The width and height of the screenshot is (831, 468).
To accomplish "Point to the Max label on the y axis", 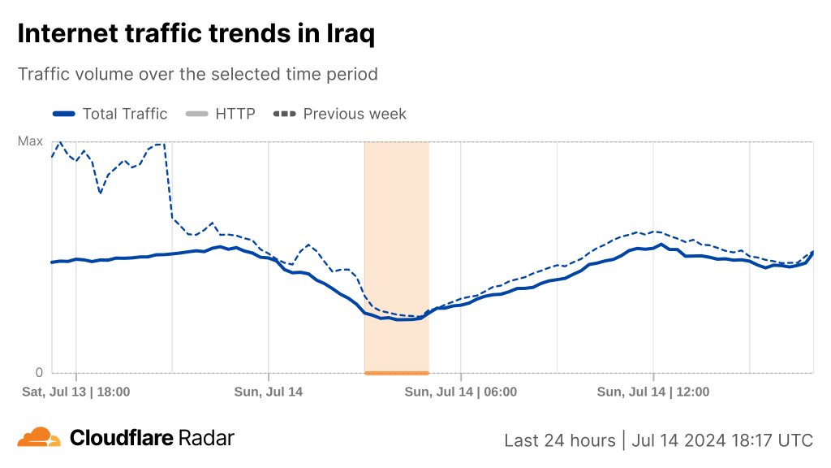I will click(30, 141).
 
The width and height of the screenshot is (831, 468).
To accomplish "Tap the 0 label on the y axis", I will click(38, 373).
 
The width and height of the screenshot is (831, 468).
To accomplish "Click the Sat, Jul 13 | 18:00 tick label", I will click(76, 392).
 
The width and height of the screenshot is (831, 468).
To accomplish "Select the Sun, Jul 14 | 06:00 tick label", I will click(461, 392).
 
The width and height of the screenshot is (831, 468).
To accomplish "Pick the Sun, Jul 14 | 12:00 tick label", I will click(653, 392).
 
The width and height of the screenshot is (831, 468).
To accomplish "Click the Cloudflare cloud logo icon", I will click(39, 437).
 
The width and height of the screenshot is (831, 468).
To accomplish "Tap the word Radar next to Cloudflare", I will click(207, 439).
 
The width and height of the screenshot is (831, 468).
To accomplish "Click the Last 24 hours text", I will click(560, 440).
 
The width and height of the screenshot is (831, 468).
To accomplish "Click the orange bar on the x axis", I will click(397, 373).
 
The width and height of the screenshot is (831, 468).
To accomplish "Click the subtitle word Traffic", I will click(45, 74).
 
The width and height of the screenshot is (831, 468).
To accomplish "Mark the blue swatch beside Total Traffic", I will click(64, 114).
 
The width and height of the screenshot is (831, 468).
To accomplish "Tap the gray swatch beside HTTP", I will click(197, 114).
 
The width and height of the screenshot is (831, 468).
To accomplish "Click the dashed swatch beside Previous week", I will click(285, 114).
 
